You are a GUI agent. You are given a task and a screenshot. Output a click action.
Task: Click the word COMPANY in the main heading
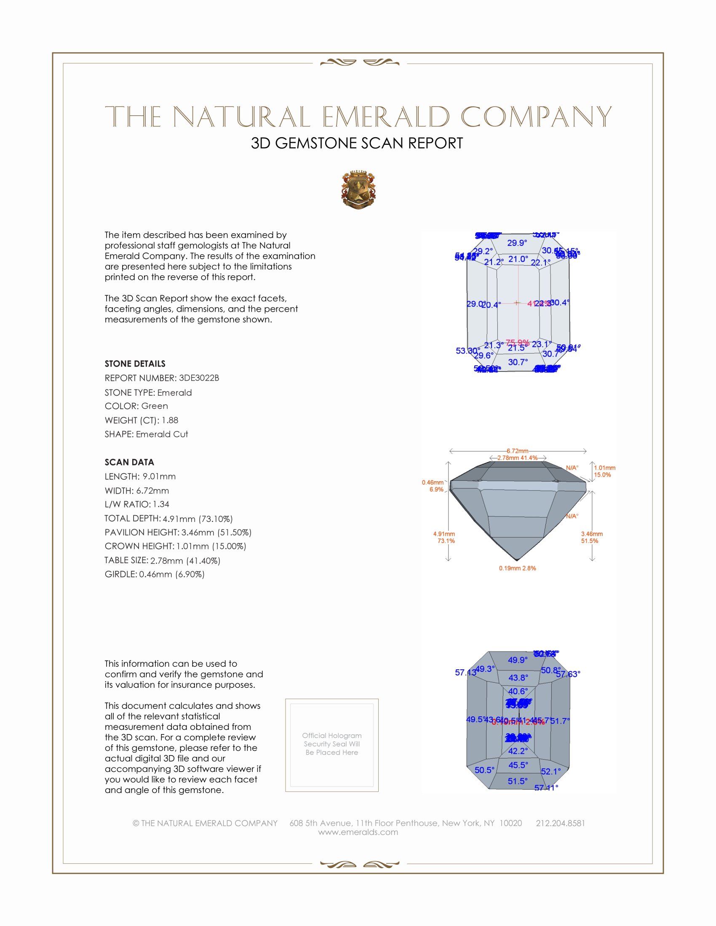[536, 117]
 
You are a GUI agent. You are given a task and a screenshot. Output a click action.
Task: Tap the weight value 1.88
[170, 420]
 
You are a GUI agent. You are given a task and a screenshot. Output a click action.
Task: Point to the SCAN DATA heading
[129, 462]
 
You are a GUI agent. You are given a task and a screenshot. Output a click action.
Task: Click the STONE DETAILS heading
[135, 364]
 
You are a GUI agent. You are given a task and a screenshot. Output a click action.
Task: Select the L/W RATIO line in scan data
[137, 504]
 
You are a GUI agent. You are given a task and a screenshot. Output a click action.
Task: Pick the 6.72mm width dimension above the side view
[517, 451]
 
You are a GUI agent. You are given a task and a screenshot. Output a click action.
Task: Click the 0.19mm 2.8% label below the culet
[517, 568]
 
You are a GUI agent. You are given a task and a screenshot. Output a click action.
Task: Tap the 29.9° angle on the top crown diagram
[517, 243]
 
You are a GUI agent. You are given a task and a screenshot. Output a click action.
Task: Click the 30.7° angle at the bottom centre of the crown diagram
[518, 362]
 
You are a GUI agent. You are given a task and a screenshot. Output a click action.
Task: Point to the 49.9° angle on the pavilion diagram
[518, 660]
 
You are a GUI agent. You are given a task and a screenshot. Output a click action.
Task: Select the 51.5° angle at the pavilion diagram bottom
[518, 781]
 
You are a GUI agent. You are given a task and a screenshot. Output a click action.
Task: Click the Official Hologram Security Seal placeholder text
[332, 744]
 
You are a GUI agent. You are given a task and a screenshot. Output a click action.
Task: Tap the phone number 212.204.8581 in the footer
[560, 823]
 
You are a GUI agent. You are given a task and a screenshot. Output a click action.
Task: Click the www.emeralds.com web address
[358, 832]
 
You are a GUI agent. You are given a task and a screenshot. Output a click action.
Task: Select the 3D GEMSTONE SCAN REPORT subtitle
[357, 143]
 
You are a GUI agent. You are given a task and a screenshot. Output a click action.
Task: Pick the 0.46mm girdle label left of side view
[432, 482]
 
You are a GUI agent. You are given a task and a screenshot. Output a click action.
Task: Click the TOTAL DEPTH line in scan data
[168, 519]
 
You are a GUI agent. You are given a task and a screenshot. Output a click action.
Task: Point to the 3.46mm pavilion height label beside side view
[592, 534]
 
